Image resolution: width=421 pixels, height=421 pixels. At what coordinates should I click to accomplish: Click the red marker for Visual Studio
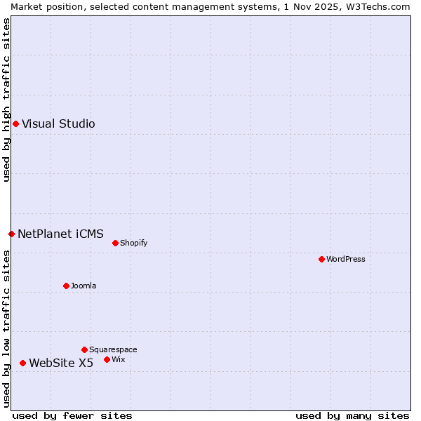[x=15, y=124]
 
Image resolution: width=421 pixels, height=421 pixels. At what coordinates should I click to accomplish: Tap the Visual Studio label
[x=58, y=124]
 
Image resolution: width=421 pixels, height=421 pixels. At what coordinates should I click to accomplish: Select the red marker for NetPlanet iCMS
[x=11, y=234]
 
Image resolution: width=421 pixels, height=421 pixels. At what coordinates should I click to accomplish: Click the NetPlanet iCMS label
[x=60, y=234]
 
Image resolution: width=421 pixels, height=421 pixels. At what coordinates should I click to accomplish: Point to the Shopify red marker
[x=115, y=243]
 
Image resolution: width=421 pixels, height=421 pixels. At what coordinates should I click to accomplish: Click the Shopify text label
[x=133, y=243]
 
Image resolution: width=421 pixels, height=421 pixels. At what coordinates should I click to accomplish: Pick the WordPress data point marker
[x=321, y=260]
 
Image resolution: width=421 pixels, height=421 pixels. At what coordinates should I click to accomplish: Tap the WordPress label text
[x=345, y=260]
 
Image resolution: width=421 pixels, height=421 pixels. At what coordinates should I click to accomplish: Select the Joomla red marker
[x=66, y=286]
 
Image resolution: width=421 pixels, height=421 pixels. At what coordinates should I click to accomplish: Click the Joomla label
[x=83, y=286]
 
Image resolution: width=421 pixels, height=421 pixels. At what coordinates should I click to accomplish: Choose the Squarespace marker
[x=84, y=349]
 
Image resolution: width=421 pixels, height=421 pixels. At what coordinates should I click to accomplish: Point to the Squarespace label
[x=113, y=349]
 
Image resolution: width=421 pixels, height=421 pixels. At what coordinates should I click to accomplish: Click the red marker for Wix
[x=107, y=359]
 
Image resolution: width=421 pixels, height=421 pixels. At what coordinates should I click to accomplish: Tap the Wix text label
[x=119, y=359]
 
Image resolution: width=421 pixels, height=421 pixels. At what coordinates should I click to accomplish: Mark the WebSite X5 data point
[x=22, y=363]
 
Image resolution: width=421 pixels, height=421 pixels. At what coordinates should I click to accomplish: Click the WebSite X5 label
[x=61, y=363]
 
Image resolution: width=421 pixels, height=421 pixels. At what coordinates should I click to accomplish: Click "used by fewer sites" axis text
[x=72, y=415]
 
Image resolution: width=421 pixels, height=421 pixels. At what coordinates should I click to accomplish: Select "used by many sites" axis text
[x=352, y=415]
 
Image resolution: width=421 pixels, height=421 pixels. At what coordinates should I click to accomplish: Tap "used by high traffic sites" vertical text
[x=6, y=100]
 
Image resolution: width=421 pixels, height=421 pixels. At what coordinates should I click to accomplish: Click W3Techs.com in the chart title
[x=376, y=6]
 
